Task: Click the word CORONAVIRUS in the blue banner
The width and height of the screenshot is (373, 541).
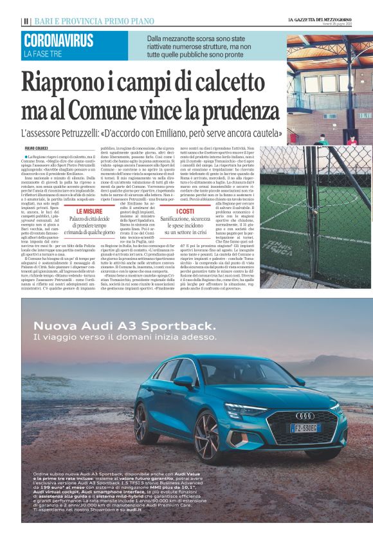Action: coord(59,41)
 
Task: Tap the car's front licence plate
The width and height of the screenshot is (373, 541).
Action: coord(305,428)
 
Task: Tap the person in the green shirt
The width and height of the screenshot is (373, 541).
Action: coord(322,138)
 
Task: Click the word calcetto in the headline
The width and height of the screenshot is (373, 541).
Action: coord(240,83)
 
